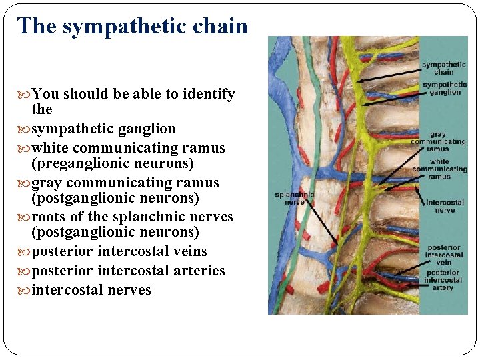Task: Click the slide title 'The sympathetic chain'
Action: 133,26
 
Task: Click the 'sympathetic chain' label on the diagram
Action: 443,68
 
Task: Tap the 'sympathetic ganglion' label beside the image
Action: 444,89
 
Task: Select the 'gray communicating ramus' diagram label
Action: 438,141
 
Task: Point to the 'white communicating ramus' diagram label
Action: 439,169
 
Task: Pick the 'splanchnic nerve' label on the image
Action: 294,198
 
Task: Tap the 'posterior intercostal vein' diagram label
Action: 444,255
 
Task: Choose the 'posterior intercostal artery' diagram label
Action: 443,280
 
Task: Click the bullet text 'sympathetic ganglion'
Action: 103,129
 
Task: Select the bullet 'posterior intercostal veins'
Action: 119,251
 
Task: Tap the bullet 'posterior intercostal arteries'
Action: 128,271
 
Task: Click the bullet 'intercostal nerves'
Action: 91,290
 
